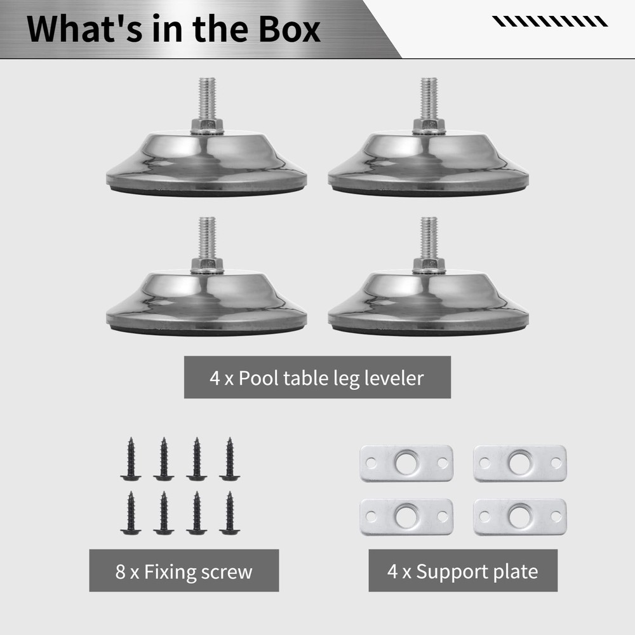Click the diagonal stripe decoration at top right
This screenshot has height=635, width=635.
(550, 22)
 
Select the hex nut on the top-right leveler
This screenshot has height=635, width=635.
(429, 125)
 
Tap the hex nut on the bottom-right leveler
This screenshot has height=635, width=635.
(429, 265)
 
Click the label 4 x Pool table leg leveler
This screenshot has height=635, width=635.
(317, 378)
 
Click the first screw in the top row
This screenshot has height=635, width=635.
(131, 458)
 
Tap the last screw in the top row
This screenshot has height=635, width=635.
(229, 458)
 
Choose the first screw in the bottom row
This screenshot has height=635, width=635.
(131, 513)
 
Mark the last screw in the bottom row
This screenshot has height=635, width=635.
(229, 513)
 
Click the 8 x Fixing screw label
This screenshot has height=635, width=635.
(184, 571)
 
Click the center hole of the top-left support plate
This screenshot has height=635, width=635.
(406, 462)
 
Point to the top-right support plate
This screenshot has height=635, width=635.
(520, 463)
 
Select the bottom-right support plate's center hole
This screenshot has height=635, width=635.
(520, 516)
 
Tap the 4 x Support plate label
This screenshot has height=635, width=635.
(463, 571)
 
